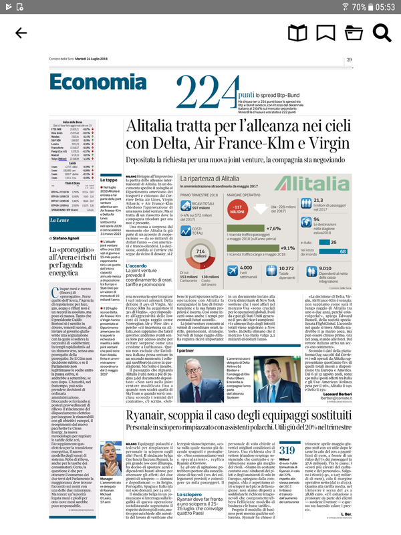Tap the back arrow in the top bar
pos(21,33)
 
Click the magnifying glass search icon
pos(382,33)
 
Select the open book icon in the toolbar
pos(297,33)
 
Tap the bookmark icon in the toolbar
pos(326,33)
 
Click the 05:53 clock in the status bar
pos(384,7)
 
